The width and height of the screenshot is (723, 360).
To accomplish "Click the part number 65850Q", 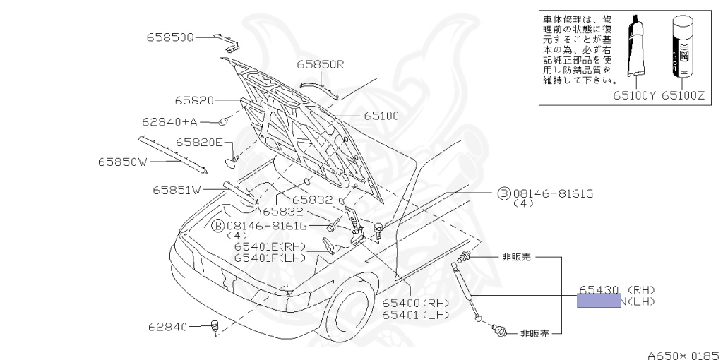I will pos(170,36).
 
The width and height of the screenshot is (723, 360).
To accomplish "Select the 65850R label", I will pos(320,64).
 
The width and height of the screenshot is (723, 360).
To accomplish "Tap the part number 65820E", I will pos(199,143).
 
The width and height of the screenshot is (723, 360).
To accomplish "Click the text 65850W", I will pos(122,162).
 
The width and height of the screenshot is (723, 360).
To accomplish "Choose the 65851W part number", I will pos(177,189).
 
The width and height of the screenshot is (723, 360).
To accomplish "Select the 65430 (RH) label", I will pos(617,289).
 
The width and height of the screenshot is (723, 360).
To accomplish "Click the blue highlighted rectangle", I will pos(599,301).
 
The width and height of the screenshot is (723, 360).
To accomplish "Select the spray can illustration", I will pos(681,46).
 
